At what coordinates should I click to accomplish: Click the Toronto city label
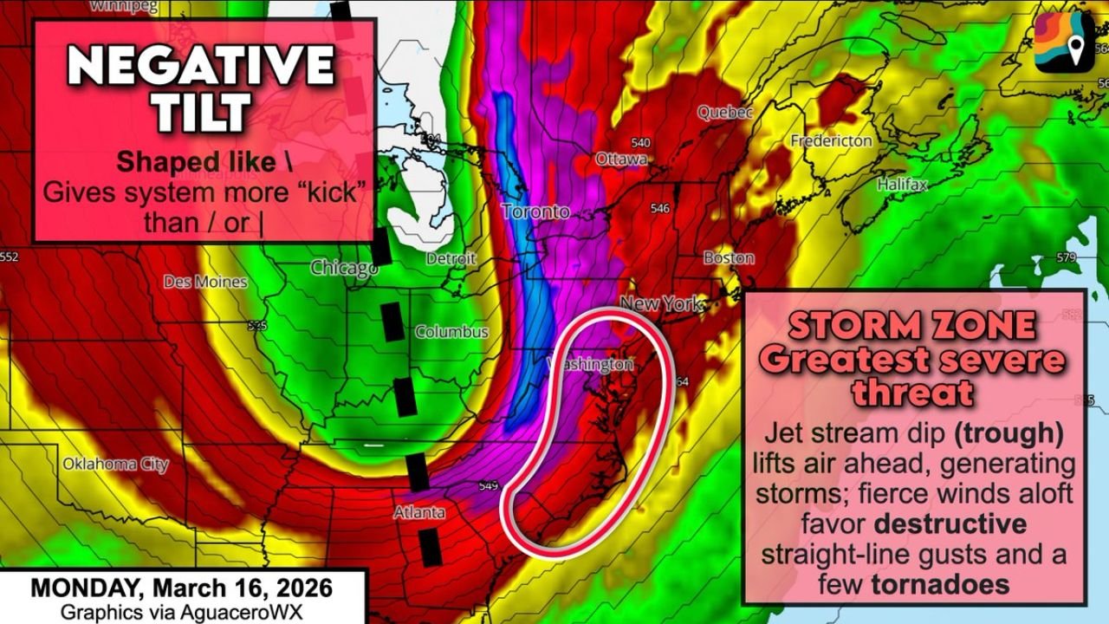[x=535, y=211]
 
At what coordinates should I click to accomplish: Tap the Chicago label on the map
[x=344, y=269]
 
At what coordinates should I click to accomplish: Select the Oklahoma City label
[x=115, y=465]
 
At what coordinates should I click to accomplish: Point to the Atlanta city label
[x=419, y=512]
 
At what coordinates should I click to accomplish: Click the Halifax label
[x=902, y=185]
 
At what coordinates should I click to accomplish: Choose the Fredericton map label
[x=831, y=140]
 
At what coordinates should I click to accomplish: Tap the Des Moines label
[x=205, y=282]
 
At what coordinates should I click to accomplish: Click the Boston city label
[x=729, y=257]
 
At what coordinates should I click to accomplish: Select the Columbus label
[x=451, y=332]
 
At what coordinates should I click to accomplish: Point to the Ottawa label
[x=621, y=159]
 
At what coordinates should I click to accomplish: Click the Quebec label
[x=725, y=113]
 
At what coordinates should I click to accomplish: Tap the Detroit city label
[x=451, y=258]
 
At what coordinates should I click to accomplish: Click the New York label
[x=660, y=304]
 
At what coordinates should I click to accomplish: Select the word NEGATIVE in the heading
[x=201, y=65]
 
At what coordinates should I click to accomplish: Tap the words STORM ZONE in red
[x=911, y=326]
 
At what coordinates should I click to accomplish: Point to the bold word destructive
[x=950, y=523]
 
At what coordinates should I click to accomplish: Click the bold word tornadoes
[x=940, y=583]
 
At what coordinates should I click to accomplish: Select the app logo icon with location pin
[x=1063, y=42]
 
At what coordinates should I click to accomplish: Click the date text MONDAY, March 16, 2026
[x=181, y=588]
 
